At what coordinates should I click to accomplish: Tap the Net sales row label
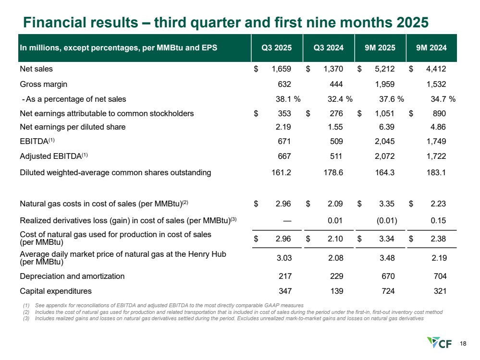36,69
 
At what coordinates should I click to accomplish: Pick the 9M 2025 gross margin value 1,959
385,84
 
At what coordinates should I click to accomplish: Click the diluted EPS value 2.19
285,128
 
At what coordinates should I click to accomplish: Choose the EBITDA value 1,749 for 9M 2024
437,142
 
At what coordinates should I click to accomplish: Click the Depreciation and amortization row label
72,276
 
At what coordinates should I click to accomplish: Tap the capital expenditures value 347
284,290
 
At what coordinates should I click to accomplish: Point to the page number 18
463,343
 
